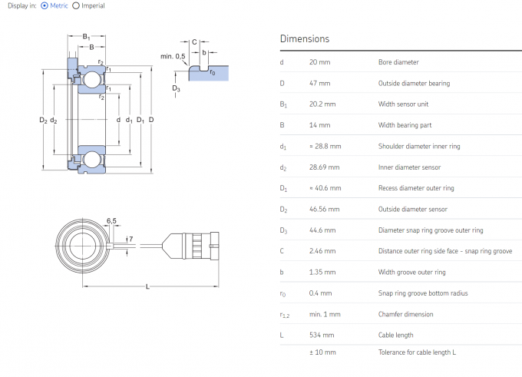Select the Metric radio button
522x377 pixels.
[x=45, y=6]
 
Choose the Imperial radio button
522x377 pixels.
[x=76, y=6]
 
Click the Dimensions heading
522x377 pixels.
[x=305, y=38]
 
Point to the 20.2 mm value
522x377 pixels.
[x=322, y=104]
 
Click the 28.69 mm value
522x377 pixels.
[x=324, y=167]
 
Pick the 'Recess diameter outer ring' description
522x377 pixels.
[x=416, y=188]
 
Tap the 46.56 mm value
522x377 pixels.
[x=324, y=209]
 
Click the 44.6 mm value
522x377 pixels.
[x=322, y=230]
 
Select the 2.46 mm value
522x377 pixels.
[x=322, y=251]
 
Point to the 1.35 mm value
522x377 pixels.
[x=322, y=272]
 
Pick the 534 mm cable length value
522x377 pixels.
[x=322, y=335]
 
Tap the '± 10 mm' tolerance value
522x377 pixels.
[x=323, y=352]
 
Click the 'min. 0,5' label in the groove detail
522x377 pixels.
[x=173, y=56]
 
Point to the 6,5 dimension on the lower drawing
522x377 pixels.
[x=111, y=221]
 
